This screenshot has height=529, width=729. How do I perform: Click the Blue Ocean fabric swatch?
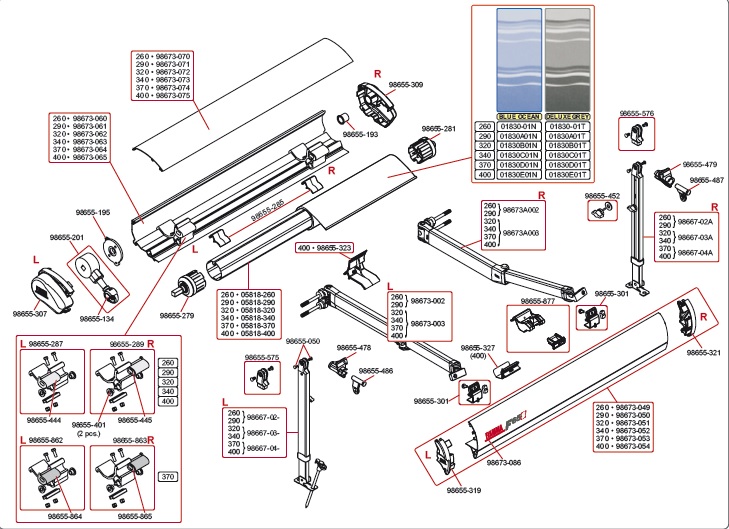519,57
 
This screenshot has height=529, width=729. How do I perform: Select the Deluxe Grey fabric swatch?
567,57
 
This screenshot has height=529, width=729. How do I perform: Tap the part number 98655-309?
404,85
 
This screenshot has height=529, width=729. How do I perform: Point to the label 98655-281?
438,129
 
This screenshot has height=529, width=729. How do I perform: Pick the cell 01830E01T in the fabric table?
567,174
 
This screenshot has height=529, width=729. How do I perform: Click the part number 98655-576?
636,114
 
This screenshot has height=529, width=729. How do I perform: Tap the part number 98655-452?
602,196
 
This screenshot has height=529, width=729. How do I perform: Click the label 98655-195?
90,213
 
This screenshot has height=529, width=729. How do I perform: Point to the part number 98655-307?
30,313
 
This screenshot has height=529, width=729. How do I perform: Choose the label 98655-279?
176,315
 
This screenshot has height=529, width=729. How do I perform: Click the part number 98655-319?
464,490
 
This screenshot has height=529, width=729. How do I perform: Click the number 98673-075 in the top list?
166,95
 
